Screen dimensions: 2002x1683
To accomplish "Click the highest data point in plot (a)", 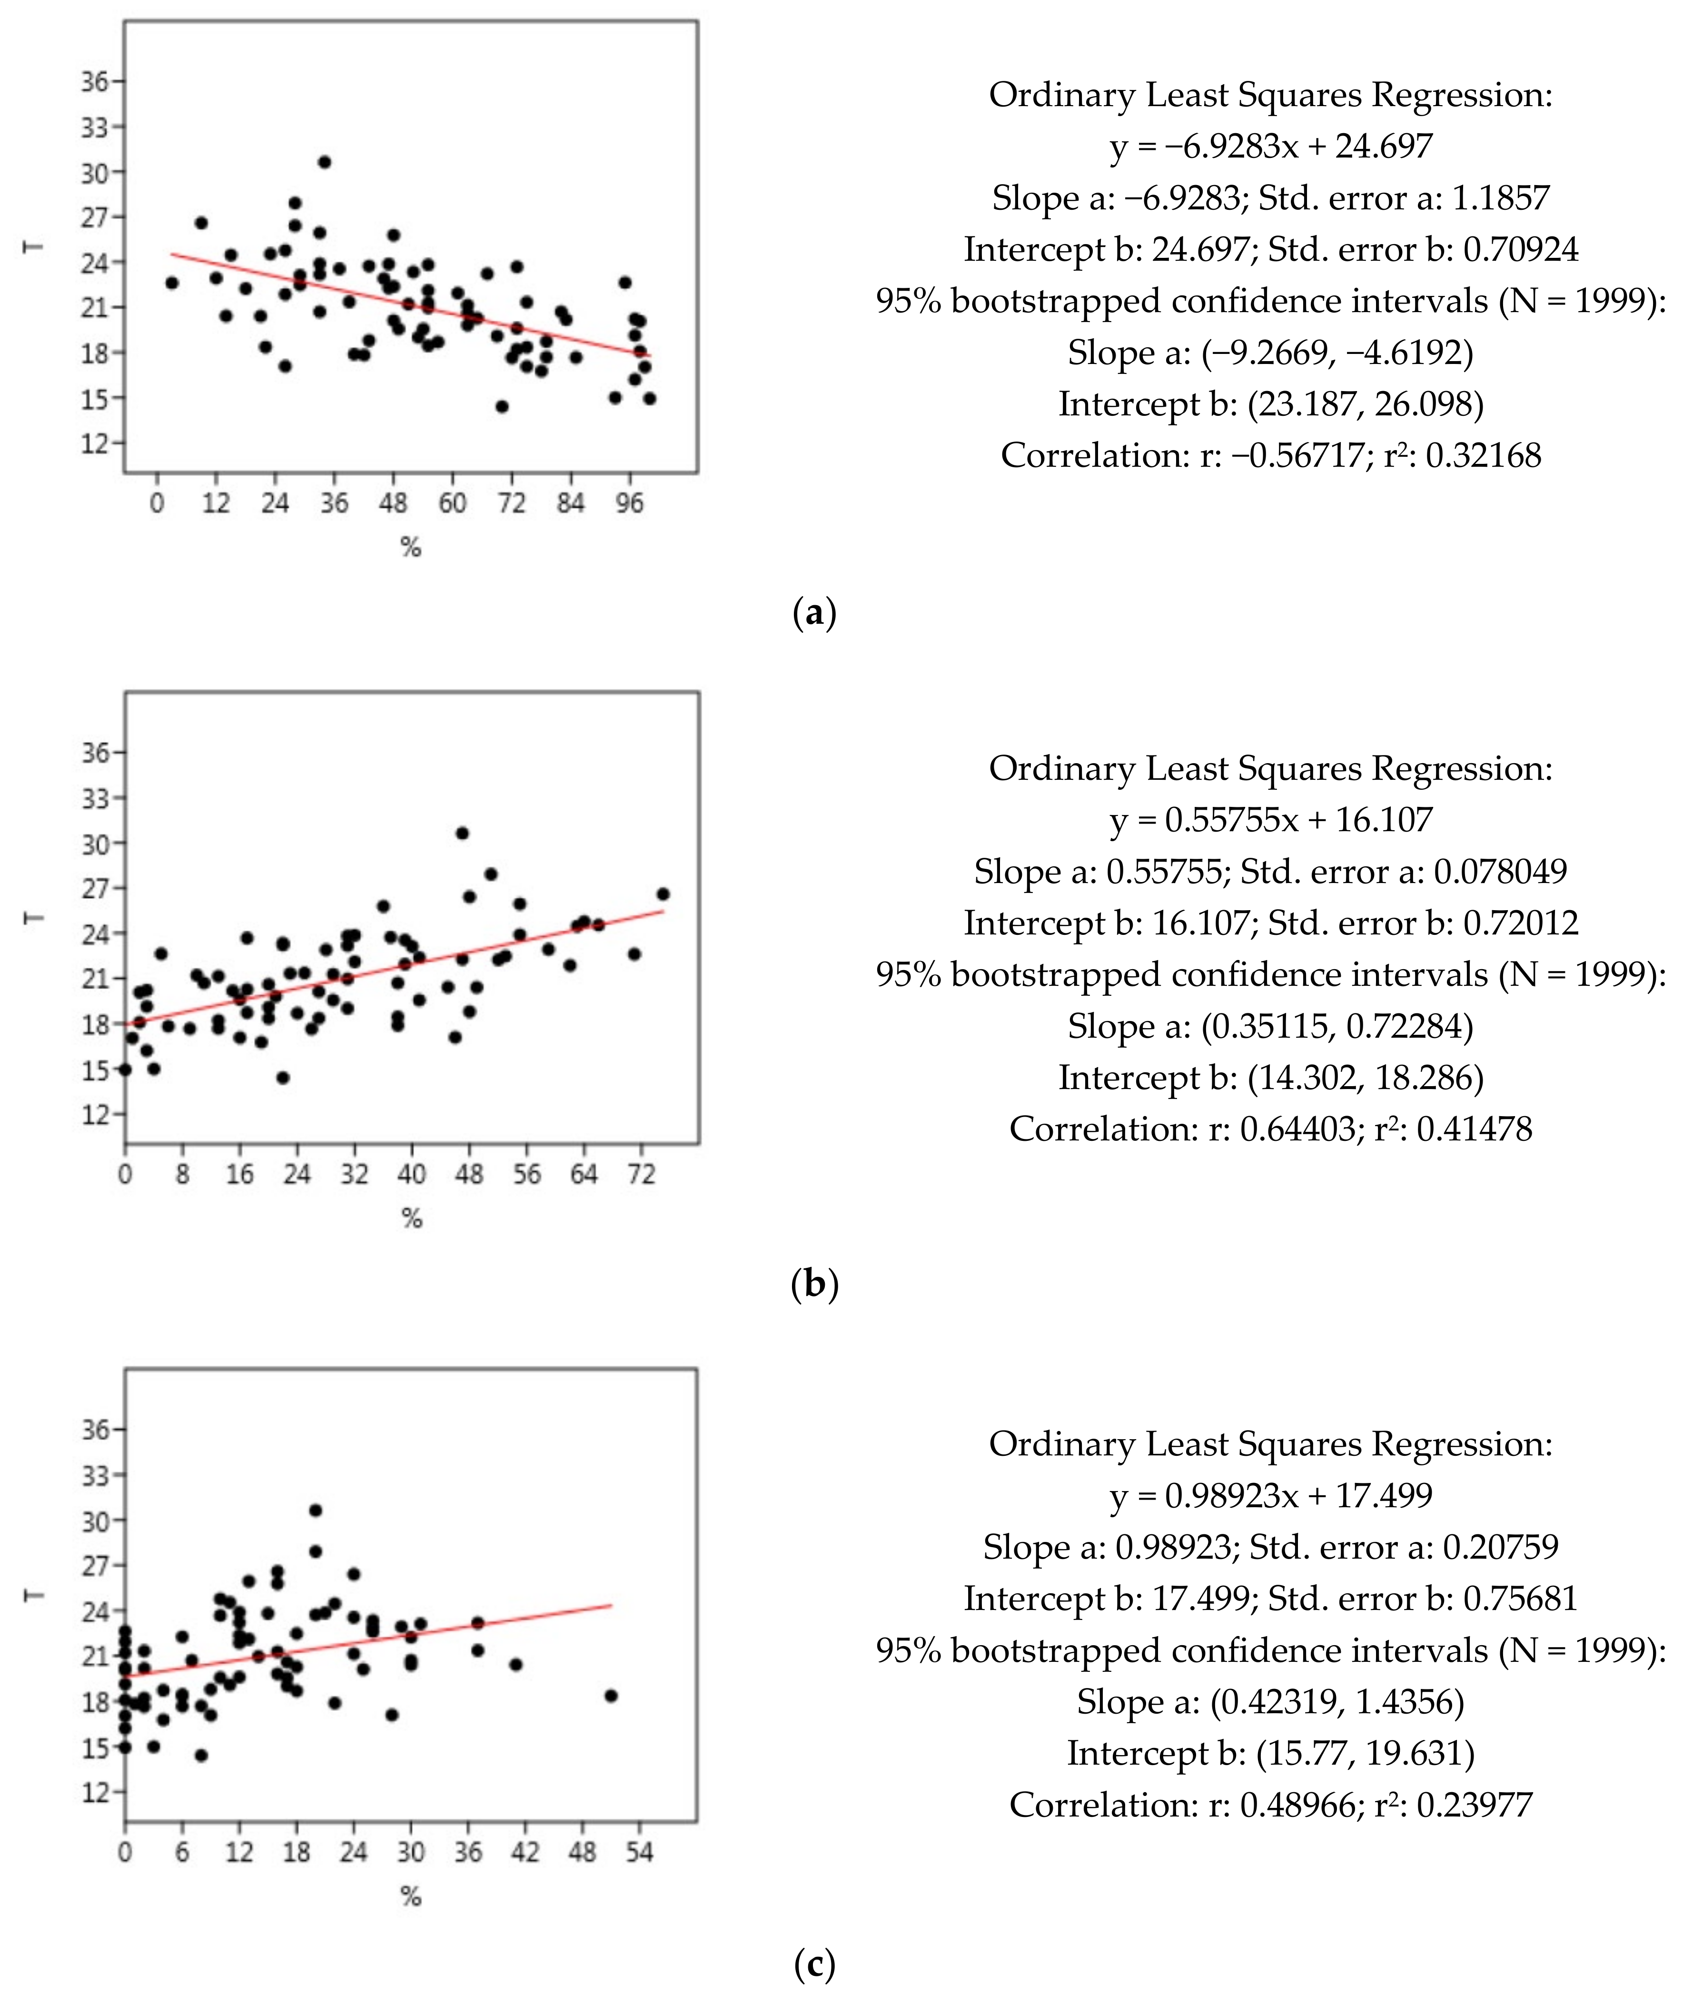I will pyautogui.click(x=325, y=162).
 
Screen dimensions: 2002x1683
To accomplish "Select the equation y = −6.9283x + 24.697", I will pyautogui.click(x=1271, y=146).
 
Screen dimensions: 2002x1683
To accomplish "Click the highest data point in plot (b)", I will pyautogui.click(x=462, y=833).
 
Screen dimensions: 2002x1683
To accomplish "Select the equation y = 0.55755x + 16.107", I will pyautogui.click(x=1271, y=819).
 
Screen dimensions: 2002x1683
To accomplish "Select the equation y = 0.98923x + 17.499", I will pyautogui.click(x=1271, y=1494).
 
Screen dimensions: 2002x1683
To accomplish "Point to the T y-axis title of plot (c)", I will pyautogui.click(x=34, y=1596).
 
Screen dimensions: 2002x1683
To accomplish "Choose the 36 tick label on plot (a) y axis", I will pyautogui.click(x=94, y=82).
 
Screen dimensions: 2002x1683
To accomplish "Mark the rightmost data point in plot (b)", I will pyautogui.click(x=663, y=893).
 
